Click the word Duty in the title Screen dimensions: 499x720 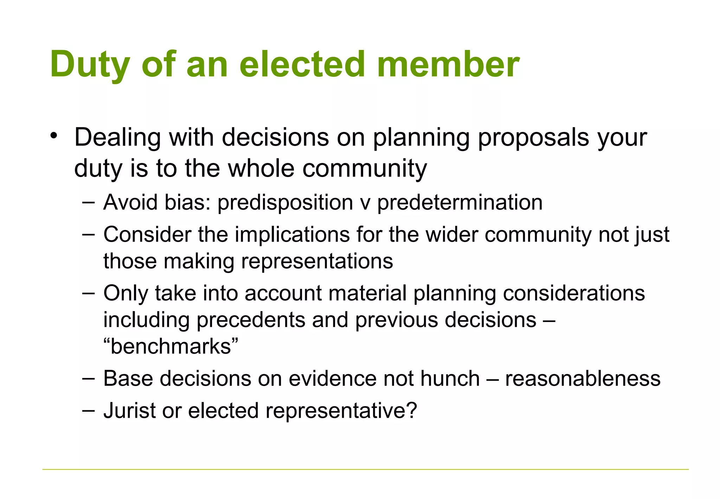pyautogui.click(x=90, y=65)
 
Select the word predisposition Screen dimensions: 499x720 pyautogui.click(x=285, y=203)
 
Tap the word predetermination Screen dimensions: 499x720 pyautogui.click(x=460, y=203)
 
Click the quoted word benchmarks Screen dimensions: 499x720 pyautogui.click(x=171, y=347)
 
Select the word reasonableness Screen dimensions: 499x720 pyautogui.click(x=583, y=379)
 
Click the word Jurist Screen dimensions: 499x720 pyautogui.click(x=129, y=411)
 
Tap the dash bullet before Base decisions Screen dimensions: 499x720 pyautogui.click(x=88, y=379)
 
